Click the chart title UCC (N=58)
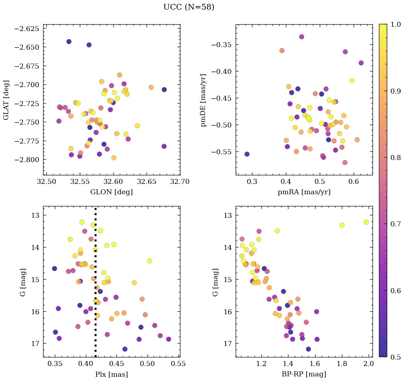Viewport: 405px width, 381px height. click(x=189, y=7)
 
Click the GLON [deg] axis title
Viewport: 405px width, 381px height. click(x=112, y=192)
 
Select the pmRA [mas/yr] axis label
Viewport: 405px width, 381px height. click(x=304, y=192)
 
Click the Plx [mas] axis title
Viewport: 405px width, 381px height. click(x=112, y=374)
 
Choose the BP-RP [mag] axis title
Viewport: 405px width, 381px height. click(x=304, y=374)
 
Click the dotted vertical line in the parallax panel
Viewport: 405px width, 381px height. click(x=95, y=286)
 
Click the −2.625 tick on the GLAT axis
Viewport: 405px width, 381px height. click(x=26, y=28)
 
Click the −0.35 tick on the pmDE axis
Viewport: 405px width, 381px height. click(x=221, y=45)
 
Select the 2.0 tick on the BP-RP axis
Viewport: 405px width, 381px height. click(x=368, y=364)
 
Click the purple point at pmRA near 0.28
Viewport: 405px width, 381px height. click(x=247, y=154)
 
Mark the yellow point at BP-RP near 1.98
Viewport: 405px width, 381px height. click(x=366, y=222)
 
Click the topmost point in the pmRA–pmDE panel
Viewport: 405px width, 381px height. click(x=302, y=37)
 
